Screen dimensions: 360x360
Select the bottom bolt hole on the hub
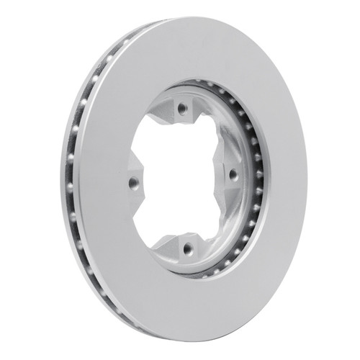point(189,249)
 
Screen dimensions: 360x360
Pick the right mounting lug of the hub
point(232,174)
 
